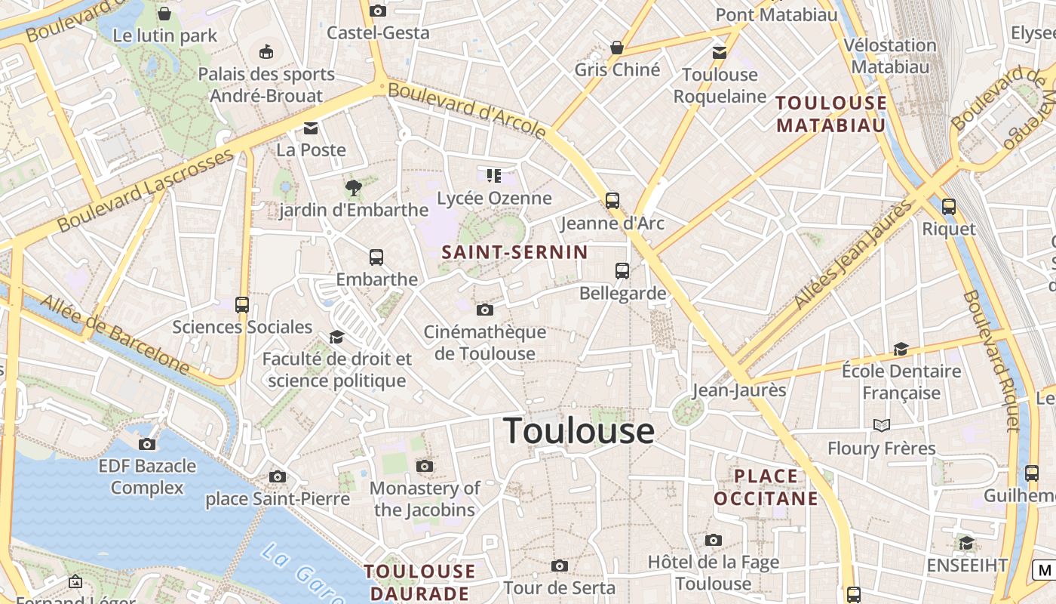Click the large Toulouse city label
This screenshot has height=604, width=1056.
tap(579, 431)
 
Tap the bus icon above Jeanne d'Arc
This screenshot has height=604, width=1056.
tap(612, 201)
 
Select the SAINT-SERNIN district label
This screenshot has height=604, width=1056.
tap(514, 252)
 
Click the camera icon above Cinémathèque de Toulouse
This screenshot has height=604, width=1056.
tap(485, 310)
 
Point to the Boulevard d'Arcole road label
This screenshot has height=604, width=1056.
tap(467, 110)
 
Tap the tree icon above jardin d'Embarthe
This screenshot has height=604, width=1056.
tap(353, 188)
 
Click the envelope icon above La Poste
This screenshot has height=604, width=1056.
tap(311, 128)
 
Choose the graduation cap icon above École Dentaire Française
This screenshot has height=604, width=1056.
tap(901, 349)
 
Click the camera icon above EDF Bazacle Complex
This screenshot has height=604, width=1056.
tap(147, 444)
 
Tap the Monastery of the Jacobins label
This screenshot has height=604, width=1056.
tap(425, 499)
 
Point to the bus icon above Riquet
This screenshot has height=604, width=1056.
tap(949, 206)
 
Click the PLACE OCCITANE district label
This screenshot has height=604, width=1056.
tap(766, 487)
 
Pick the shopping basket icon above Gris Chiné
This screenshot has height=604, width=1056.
tap(617, 48)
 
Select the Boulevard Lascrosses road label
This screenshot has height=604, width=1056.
tap(146, 191)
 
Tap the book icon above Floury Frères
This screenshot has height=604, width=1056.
tap(881, 426)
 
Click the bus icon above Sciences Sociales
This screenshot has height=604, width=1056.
tap(242, 305)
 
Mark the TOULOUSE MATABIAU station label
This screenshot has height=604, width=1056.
tap(831, 114)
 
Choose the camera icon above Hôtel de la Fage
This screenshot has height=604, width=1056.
tap(714, 540)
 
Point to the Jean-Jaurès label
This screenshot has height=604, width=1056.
tap(739, 390)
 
